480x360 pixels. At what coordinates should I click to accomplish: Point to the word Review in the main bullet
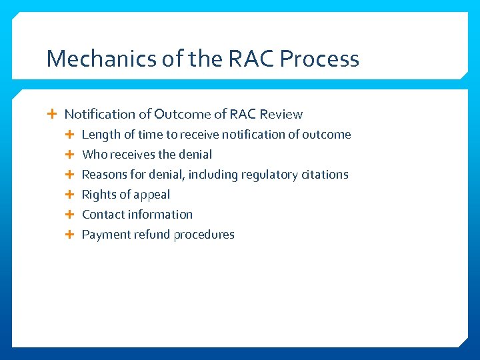(281, 114)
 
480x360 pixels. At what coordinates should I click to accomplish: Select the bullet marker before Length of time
(71, 134)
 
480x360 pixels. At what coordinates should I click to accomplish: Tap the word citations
(325, 174)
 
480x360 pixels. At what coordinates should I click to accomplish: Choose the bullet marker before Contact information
(71, 214)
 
